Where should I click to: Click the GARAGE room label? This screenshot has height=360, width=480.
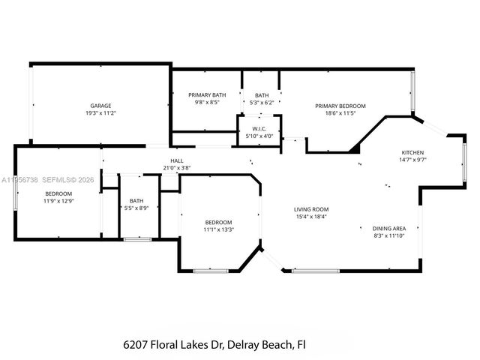(x=101, y=106)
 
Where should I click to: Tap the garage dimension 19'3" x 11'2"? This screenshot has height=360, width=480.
(x=101, y=113)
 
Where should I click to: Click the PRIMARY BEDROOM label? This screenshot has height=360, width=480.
(x=340, y=106)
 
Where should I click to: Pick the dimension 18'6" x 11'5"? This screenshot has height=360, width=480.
(x=340, y=113)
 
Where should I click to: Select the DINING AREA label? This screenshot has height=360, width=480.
(x=389, y=228)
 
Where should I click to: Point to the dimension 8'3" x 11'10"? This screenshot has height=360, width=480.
(x=389, y=235)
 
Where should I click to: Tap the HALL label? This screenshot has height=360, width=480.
(x=177, y=160)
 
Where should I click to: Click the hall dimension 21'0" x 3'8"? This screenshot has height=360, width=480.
(x=177, y=168)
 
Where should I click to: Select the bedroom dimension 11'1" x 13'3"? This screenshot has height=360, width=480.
(x=219, y=229)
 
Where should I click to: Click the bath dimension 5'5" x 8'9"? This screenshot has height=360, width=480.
(x=136, y=208)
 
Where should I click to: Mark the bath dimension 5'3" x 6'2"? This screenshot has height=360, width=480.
(x=261, y=103)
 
